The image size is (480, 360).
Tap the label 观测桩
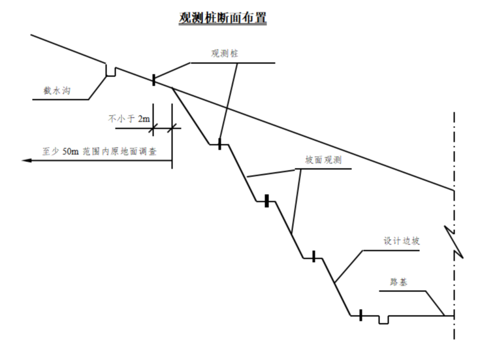pyautogui.click(x=224, y=54)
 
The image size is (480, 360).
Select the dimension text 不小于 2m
pyautogui.click(x=129, y=120)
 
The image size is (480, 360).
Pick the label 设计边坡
pyautogui.click(x=401, y=241)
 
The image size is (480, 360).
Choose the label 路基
pyautogui.click(x=400, y=282)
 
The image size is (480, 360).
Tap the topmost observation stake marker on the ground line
pyautogui.click(x=154, y=80)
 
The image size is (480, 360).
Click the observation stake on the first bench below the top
pyautogui.click(x=220, y=144)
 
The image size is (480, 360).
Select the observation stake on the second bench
pyautogui.click(x=266, y=202)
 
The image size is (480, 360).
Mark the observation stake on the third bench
pyautogui.click(x=313, y=257)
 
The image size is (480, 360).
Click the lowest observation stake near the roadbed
pyautogui.click(x=360, y=316)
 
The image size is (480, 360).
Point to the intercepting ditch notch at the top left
pyautogui.click(x=112, y=70)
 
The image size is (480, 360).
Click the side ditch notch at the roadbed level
pyautogui.click(x=383, y=319)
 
